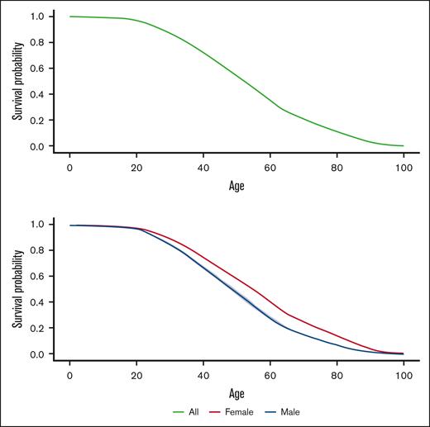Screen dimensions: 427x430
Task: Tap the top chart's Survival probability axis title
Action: coord(17,81)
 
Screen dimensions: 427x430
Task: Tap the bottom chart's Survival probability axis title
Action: coord(17,288)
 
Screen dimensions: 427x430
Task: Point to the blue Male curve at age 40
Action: coord(203,270)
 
